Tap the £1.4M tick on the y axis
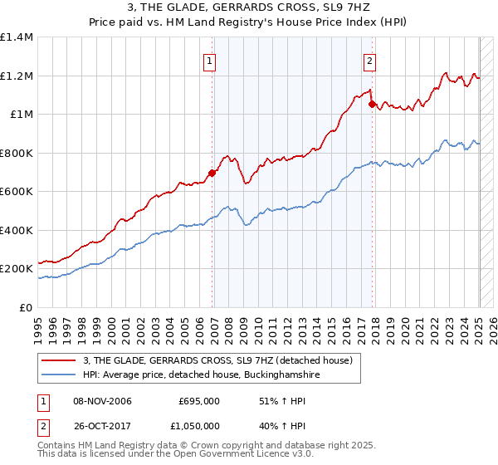pos(16,37)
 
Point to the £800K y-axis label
pos(17,153)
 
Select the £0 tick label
pos(25,307)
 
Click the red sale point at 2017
pos(372,105)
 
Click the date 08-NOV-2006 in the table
pos(103,402)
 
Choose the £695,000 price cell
pos(199,402)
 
